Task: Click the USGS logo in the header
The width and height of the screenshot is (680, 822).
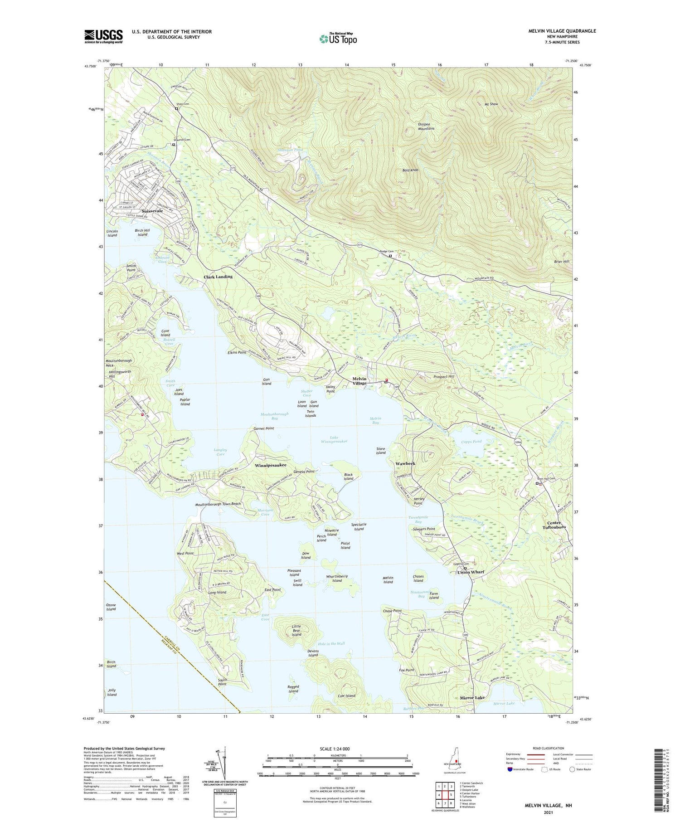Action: [103, 36]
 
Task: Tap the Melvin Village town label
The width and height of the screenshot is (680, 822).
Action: [359, 381]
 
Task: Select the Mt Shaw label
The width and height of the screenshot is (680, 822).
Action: [491, 104]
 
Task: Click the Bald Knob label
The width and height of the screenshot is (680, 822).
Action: [410, 170]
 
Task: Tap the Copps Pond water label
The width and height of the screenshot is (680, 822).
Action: [471, 441]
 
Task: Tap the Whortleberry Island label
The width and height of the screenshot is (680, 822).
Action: [337, 579]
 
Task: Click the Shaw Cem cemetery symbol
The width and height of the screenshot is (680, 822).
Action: [177, 109]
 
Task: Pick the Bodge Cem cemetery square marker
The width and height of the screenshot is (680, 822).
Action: [390, 256]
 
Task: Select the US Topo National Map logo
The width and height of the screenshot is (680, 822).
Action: [338, 38]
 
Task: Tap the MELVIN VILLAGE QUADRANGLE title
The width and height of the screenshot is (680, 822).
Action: [562, 31]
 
